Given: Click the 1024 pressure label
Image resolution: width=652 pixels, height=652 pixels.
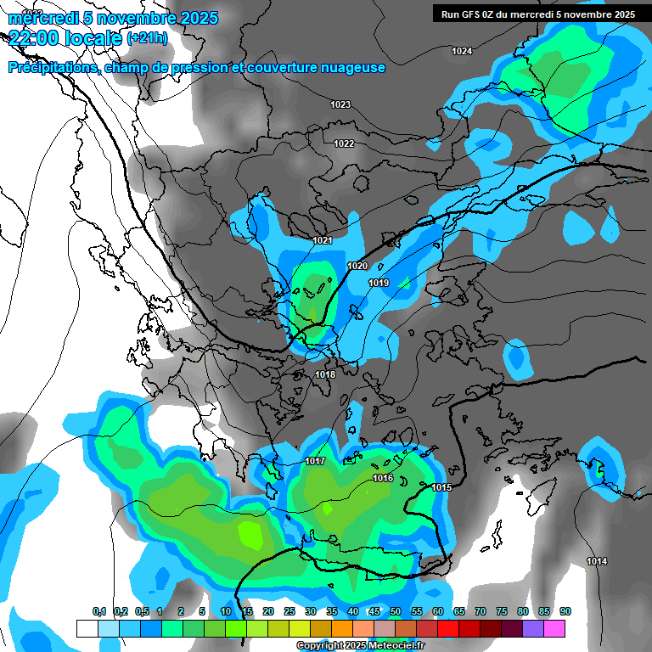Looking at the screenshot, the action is coord(462,52).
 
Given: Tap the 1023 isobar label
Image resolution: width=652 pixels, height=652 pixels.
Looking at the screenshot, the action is coord(340,104).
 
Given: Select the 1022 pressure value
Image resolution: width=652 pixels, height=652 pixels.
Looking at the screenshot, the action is coord(344,143).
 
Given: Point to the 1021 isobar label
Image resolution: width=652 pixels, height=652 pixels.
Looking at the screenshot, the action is coord(323,241).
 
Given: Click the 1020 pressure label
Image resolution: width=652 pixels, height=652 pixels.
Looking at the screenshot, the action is coord(357,267).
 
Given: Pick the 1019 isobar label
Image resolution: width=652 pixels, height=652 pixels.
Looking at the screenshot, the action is coord(379,283).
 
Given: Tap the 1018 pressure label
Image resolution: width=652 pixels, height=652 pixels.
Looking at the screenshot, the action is coord(325,374).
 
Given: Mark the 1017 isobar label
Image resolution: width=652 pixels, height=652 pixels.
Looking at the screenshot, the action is coord(315,461).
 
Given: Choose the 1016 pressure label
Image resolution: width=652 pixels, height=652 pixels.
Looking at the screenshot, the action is coord(383,478).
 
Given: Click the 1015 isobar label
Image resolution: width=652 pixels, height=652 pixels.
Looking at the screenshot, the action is coord(441,487).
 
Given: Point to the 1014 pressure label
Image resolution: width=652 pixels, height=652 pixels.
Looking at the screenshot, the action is coord(597,562).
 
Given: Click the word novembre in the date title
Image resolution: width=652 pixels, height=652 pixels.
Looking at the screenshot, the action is coord(142,18).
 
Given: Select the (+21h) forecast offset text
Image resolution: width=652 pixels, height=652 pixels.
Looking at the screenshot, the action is coord(147,38).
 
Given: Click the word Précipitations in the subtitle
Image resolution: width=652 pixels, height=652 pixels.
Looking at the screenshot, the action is coord(50,68).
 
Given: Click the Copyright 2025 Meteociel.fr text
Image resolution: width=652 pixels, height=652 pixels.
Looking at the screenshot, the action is coord(361,646).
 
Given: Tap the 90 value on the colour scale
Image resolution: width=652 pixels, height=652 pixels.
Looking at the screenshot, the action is coord(565,611).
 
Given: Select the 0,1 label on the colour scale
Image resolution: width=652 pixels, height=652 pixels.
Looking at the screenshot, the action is coord(99,611).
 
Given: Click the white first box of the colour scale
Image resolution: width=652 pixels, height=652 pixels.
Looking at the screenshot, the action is coord(87,628).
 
